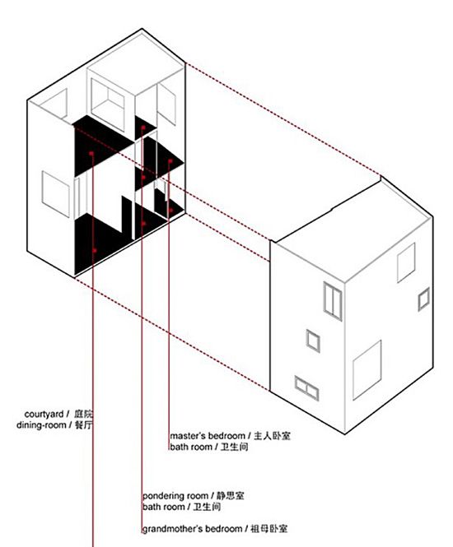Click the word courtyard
pyautogui.click(x=44, y=415)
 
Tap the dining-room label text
pyautogui.click(x=41, y=425)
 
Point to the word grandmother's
pyautogui.click(x=172, y=529)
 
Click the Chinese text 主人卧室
pyautogui.click(x=272, y=436)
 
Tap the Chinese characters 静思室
pyautogui.click(x=230, y=496)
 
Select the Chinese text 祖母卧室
pyautogui.click(x=269, y=529)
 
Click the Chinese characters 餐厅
pyautogui.click(x=84, y=425)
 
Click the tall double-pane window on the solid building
pyautogui.click(x=333, y=301)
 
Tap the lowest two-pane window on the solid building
pyautogui.click(x=306, y=388)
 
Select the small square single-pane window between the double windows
pyautogui.click(x=313, y=341)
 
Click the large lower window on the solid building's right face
pyautogui.click(x=367, y=370)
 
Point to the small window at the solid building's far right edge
pyautogui.click(x=423, y=299)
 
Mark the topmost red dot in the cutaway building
pyautogui.click(x=142, y=128)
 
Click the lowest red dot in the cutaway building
pyautogui.click(x=94, y=251)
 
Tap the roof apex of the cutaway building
pyautogui.click(x=142, y=29)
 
